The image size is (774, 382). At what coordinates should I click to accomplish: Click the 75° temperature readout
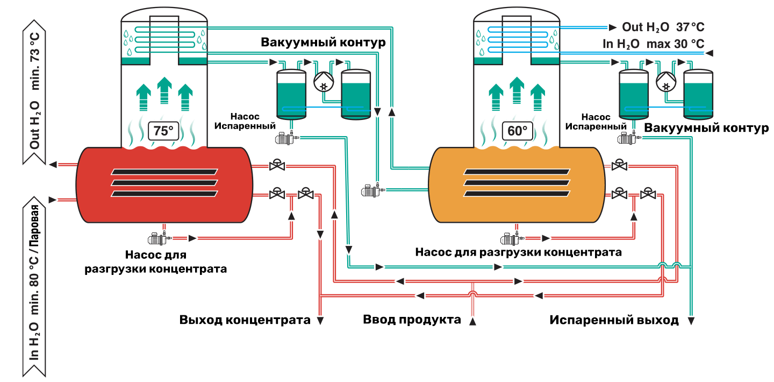click(x=163, y=131)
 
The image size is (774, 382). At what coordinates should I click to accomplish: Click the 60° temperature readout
click(x=517, y=131)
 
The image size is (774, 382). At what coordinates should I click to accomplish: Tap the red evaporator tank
click(x=164, y=185)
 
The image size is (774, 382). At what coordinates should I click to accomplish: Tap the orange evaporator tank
click(x=517, y=185)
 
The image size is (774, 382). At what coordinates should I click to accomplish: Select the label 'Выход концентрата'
click(x=245, y=320)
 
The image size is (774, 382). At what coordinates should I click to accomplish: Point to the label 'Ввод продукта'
click(x=412, y=320)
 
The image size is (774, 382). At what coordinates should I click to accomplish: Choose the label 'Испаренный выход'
click(x=614, y=320)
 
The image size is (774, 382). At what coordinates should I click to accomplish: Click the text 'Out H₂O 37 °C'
click(x=663, y=27)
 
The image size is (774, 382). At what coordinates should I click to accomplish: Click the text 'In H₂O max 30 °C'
click(x=654, y=44)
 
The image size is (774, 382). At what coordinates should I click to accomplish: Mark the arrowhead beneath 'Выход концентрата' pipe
click(x=320, y=321)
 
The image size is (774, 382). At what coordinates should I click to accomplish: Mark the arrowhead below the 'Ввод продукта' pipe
click(x=472, y=321)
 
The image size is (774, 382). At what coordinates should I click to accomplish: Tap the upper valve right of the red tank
click(x=277, y=165)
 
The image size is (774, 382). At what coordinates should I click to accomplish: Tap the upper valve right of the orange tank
click(x=620, y=165)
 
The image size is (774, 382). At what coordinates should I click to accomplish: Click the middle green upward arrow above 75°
click(x=164, y=90)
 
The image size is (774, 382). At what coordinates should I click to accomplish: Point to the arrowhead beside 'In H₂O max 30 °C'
click(x=709, y=53)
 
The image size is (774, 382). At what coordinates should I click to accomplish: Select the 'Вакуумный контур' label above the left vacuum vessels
click(x=323, y=42)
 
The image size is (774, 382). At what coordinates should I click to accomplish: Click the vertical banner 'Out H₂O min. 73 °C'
click(x=34, y=91)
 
